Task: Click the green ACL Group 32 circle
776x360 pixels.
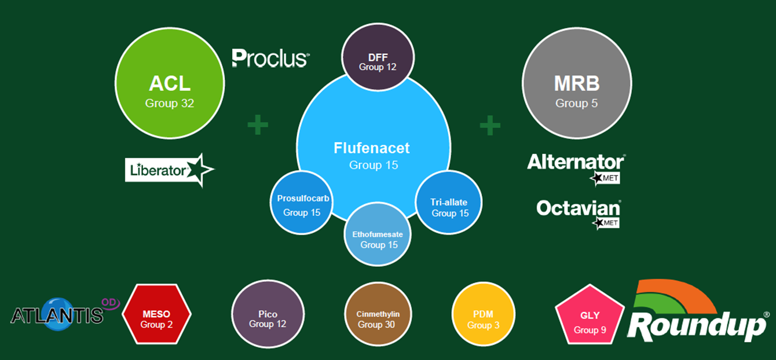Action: pos(170,83)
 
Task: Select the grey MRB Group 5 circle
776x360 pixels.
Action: pos(577,83)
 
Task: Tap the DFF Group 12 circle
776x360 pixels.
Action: pos(378,57)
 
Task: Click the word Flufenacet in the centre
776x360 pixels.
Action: pos(372,148)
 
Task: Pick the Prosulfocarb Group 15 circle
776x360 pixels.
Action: pos(301,203)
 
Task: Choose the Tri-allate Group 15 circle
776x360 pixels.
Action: pos(449,203)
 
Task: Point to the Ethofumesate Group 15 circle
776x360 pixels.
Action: pos(378,234)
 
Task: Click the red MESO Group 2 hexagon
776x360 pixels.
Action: pos(156,314)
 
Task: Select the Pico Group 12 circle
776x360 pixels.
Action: pos(268,314)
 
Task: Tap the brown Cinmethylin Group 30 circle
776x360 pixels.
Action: pos(378,314)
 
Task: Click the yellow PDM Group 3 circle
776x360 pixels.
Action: pos(484,314)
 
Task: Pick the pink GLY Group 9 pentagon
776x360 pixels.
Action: pos(590,315)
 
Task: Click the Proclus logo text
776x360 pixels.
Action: pos(270,58)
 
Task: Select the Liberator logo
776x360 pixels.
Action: pos(170,170)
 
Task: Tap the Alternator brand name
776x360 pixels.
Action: pos(576,162)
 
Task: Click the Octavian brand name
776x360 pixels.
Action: pos(578,208)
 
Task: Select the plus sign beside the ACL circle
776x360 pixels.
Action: pos(258,124)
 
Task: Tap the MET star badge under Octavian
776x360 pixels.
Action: pos(606,223)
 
